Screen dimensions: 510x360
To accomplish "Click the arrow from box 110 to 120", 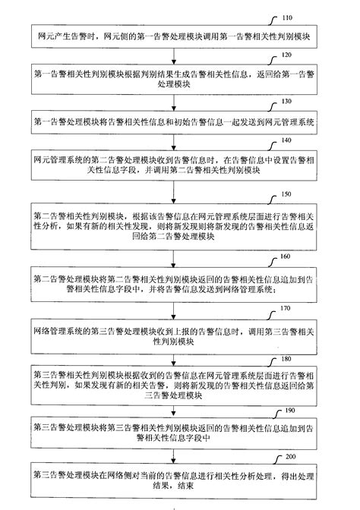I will [180, 55].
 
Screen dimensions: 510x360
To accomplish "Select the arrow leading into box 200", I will [180, 455].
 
